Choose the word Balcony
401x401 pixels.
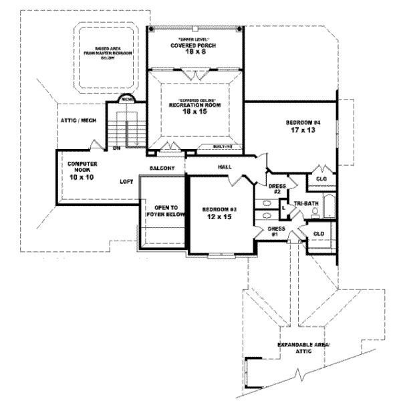tap(162, 168)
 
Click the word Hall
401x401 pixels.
tap(225, 166)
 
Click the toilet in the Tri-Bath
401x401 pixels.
tap(313, 213)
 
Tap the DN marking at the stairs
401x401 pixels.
tap(116, 148)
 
